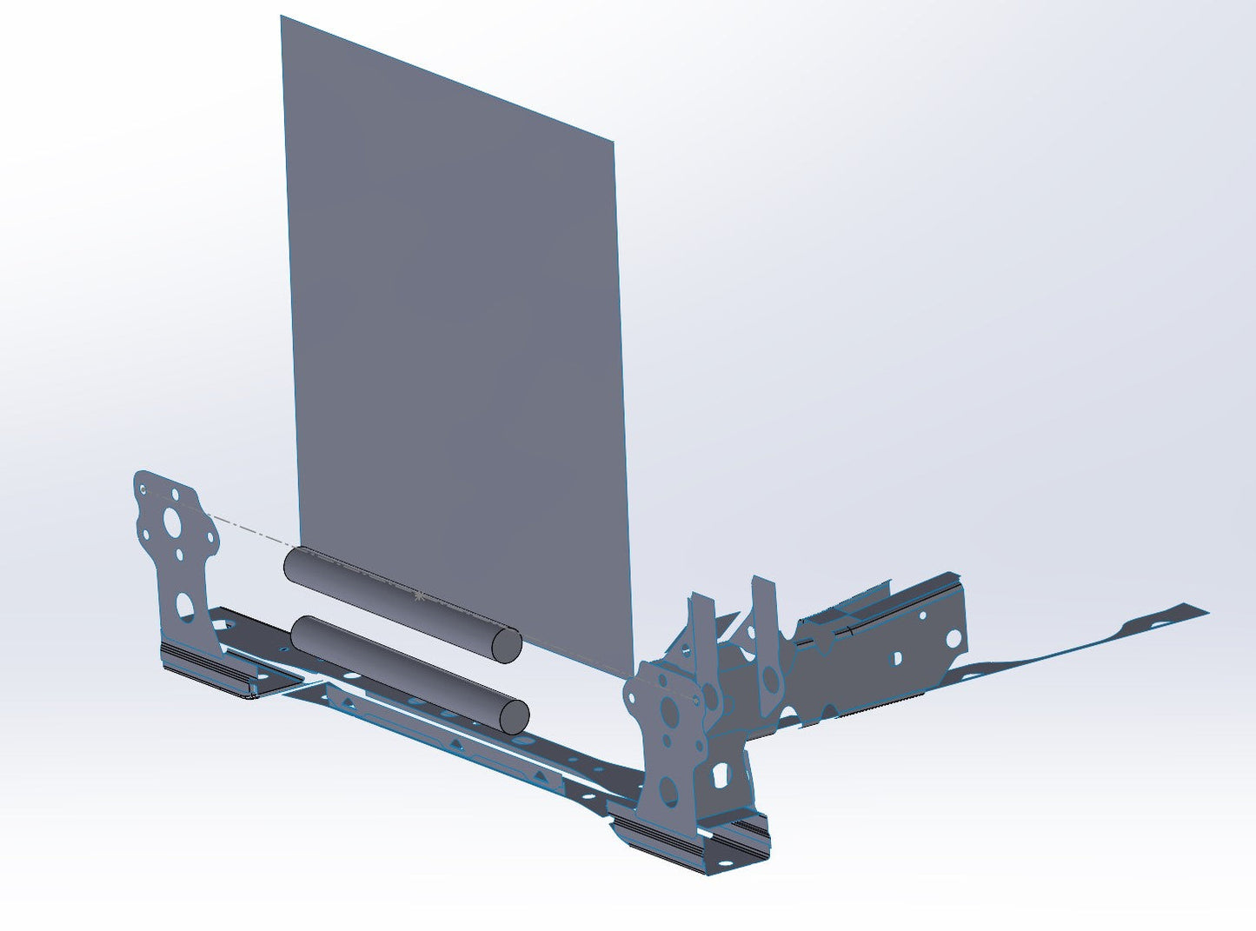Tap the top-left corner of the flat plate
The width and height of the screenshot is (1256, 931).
[x=281, y=17]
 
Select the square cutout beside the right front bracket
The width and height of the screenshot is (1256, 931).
[x=720, y=773]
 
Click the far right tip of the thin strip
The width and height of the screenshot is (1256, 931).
[x=1206, y=609]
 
